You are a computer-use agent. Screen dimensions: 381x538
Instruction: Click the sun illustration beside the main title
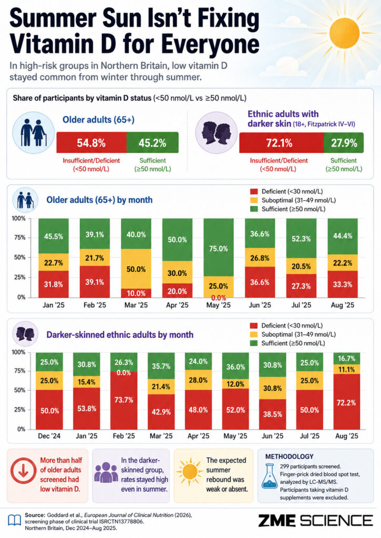[x=344, y=34]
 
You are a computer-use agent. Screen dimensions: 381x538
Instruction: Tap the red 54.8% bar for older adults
[x=91, y=142]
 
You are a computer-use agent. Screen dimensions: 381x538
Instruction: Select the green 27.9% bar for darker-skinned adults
[x=344, y=143]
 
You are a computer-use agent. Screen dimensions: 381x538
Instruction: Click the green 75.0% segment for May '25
[x=219, y=247]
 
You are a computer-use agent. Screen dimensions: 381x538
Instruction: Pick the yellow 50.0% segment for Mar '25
[x=136, y=268]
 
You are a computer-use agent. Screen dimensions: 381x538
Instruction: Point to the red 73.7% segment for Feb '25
[x=123, y=400]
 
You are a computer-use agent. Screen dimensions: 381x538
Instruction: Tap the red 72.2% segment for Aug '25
[x=346, y=401]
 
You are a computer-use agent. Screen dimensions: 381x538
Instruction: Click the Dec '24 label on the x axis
[x=49, y=436]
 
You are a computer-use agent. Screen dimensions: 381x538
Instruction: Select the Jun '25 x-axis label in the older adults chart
[x=260, y=305]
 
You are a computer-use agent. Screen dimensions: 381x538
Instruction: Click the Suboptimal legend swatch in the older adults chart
[x=254, y=200]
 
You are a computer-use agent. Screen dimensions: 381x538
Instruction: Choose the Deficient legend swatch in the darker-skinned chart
[x=254, y=326]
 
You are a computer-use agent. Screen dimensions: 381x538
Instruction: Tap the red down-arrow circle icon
[x=23, y=471]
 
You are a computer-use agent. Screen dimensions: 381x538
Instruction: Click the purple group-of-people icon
[x=106, y=472]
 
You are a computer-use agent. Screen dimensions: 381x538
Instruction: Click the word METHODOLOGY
[x=290, y=457]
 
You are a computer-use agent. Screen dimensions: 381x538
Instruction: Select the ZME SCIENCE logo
[x=315, y=521]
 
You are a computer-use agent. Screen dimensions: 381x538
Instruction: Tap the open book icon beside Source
[x=14, y=521]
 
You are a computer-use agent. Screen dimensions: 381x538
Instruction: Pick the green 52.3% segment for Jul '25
[x=301, y=238]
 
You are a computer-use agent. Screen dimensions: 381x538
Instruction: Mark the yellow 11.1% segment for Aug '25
[x=346, y=369]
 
